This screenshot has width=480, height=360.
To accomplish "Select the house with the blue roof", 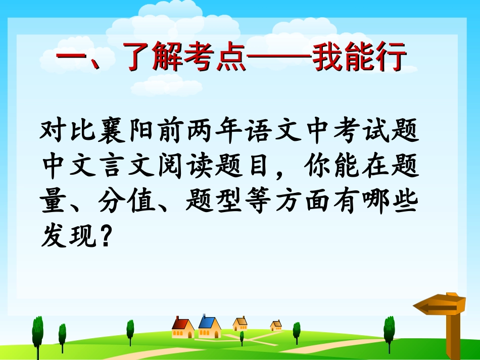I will tap(209, 327).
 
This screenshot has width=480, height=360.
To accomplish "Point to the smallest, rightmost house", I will tap(276, 325).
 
